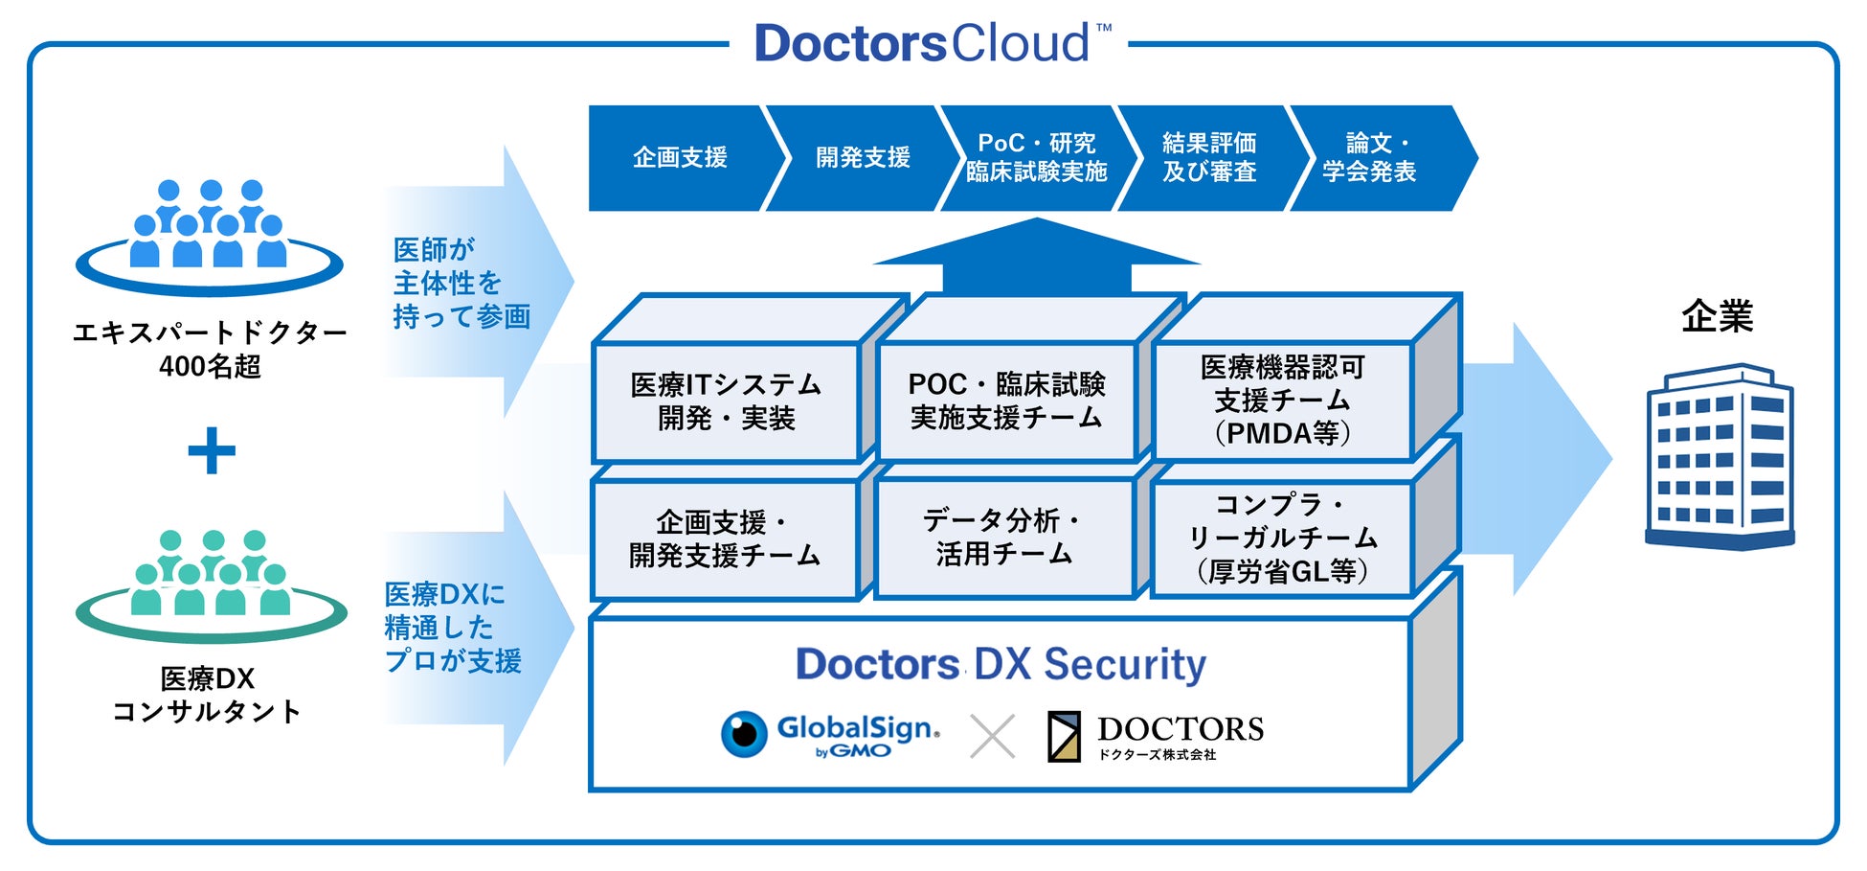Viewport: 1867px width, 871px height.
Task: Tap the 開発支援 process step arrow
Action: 863,158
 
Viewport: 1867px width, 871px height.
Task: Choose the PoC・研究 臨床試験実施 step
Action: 1037,158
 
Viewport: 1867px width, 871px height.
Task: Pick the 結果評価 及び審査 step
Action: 1209,158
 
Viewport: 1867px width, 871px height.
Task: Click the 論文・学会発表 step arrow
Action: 1379,158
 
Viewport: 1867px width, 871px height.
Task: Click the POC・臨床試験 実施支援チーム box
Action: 1006,401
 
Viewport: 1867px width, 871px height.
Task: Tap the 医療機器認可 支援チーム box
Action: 1282,401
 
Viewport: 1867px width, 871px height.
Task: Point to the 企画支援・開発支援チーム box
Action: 726,539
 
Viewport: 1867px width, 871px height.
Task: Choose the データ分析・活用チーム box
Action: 1004,538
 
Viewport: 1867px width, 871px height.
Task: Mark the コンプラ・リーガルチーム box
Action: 1282,539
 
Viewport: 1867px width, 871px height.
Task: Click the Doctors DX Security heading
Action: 1001,664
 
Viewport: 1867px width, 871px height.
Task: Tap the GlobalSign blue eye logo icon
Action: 744,734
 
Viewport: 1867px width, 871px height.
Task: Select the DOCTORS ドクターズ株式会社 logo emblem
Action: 1064,736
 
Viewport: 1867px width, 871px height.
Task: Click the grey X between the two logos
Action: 993,737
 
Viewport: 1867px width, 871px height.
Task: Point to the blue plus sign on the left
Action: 212,450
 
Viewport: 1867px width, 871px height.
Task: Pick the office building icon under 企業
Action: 1720,456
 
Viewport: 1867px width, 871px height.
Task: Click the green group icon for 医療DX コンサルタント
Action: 211,585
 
